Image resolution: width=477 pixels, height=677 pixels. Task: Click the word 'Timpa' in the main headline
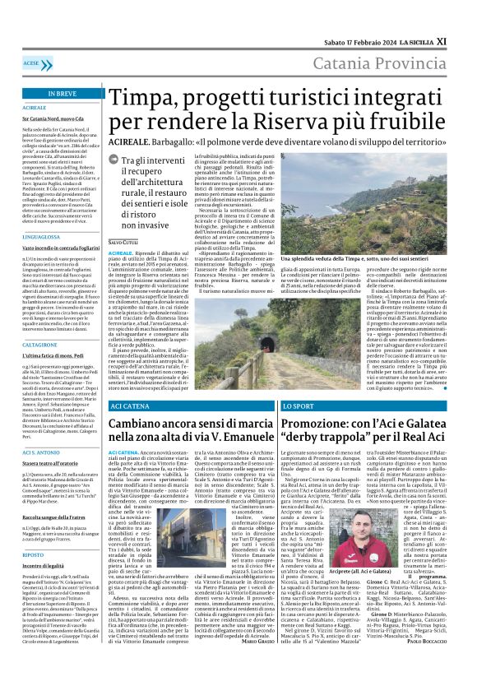pos(144,98)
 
